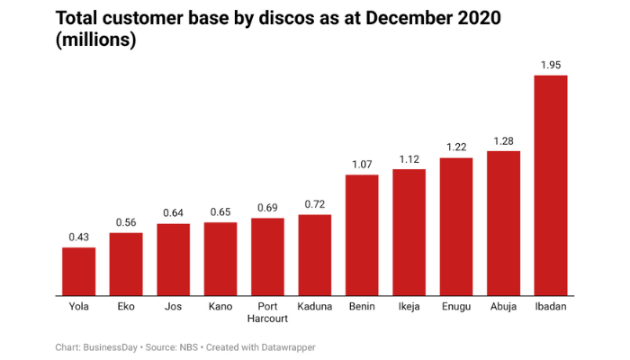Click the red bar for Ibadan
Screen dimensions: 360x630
[x=551, y=184]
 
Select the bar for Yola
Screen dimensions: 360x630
[x=78, y=271]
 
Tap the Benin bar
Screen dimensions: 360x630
[x=362, y=235]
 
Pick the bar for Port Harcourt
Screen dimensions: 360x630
[x=267, y=256]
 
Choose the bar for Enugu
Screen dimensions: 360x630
[x=456, y=226]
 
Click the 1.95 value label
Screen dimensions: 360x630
[x=551, y=65]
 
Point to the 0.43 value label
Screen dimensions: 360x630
[x=78, y=237]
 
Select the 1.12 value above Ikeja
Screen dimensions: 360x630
[x=409, y=159]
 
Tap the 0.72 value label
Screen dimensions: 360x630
[x=315, y=204]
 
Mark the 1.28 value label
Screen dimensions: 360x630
[x=503, y=141]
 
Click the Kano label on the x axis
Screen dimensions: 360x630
[x=220, y=307]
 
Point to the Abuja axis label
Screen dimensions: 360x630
[x=503, y=307]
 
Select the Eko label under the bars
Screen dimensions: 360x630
[x=126, y=307]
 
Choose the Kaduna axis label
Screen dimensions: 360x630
[x=315, y=307]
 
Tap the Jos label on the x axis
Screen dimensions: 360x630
[x=173, y=307]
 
